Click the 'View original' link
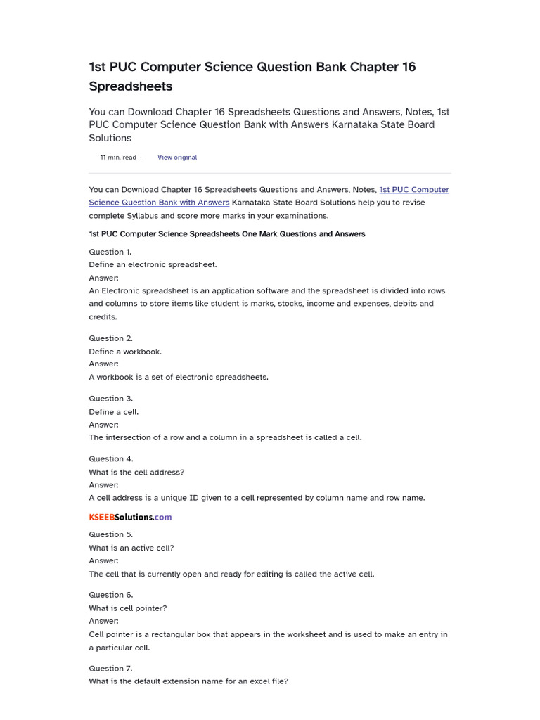177,157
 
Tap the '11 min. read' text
118,157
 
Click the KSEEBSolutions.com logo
130,517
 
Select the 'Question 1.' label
110,252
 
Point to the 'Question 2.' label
110,338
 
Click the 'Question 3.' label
110,399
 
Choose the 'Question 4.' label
111,459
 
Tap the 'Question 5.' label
110,534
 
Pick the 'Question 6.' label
110,595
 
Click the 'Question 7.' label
110,669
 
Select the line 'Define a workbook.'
125,352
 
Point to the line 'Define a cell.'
114,412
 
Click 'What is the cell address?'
136,472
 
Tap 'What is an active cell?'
131,548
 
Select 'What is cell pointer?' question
128,608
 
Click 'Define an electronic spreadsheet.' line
153,264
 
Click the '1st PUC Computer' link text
413,190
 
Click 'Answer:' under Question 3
103,425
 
